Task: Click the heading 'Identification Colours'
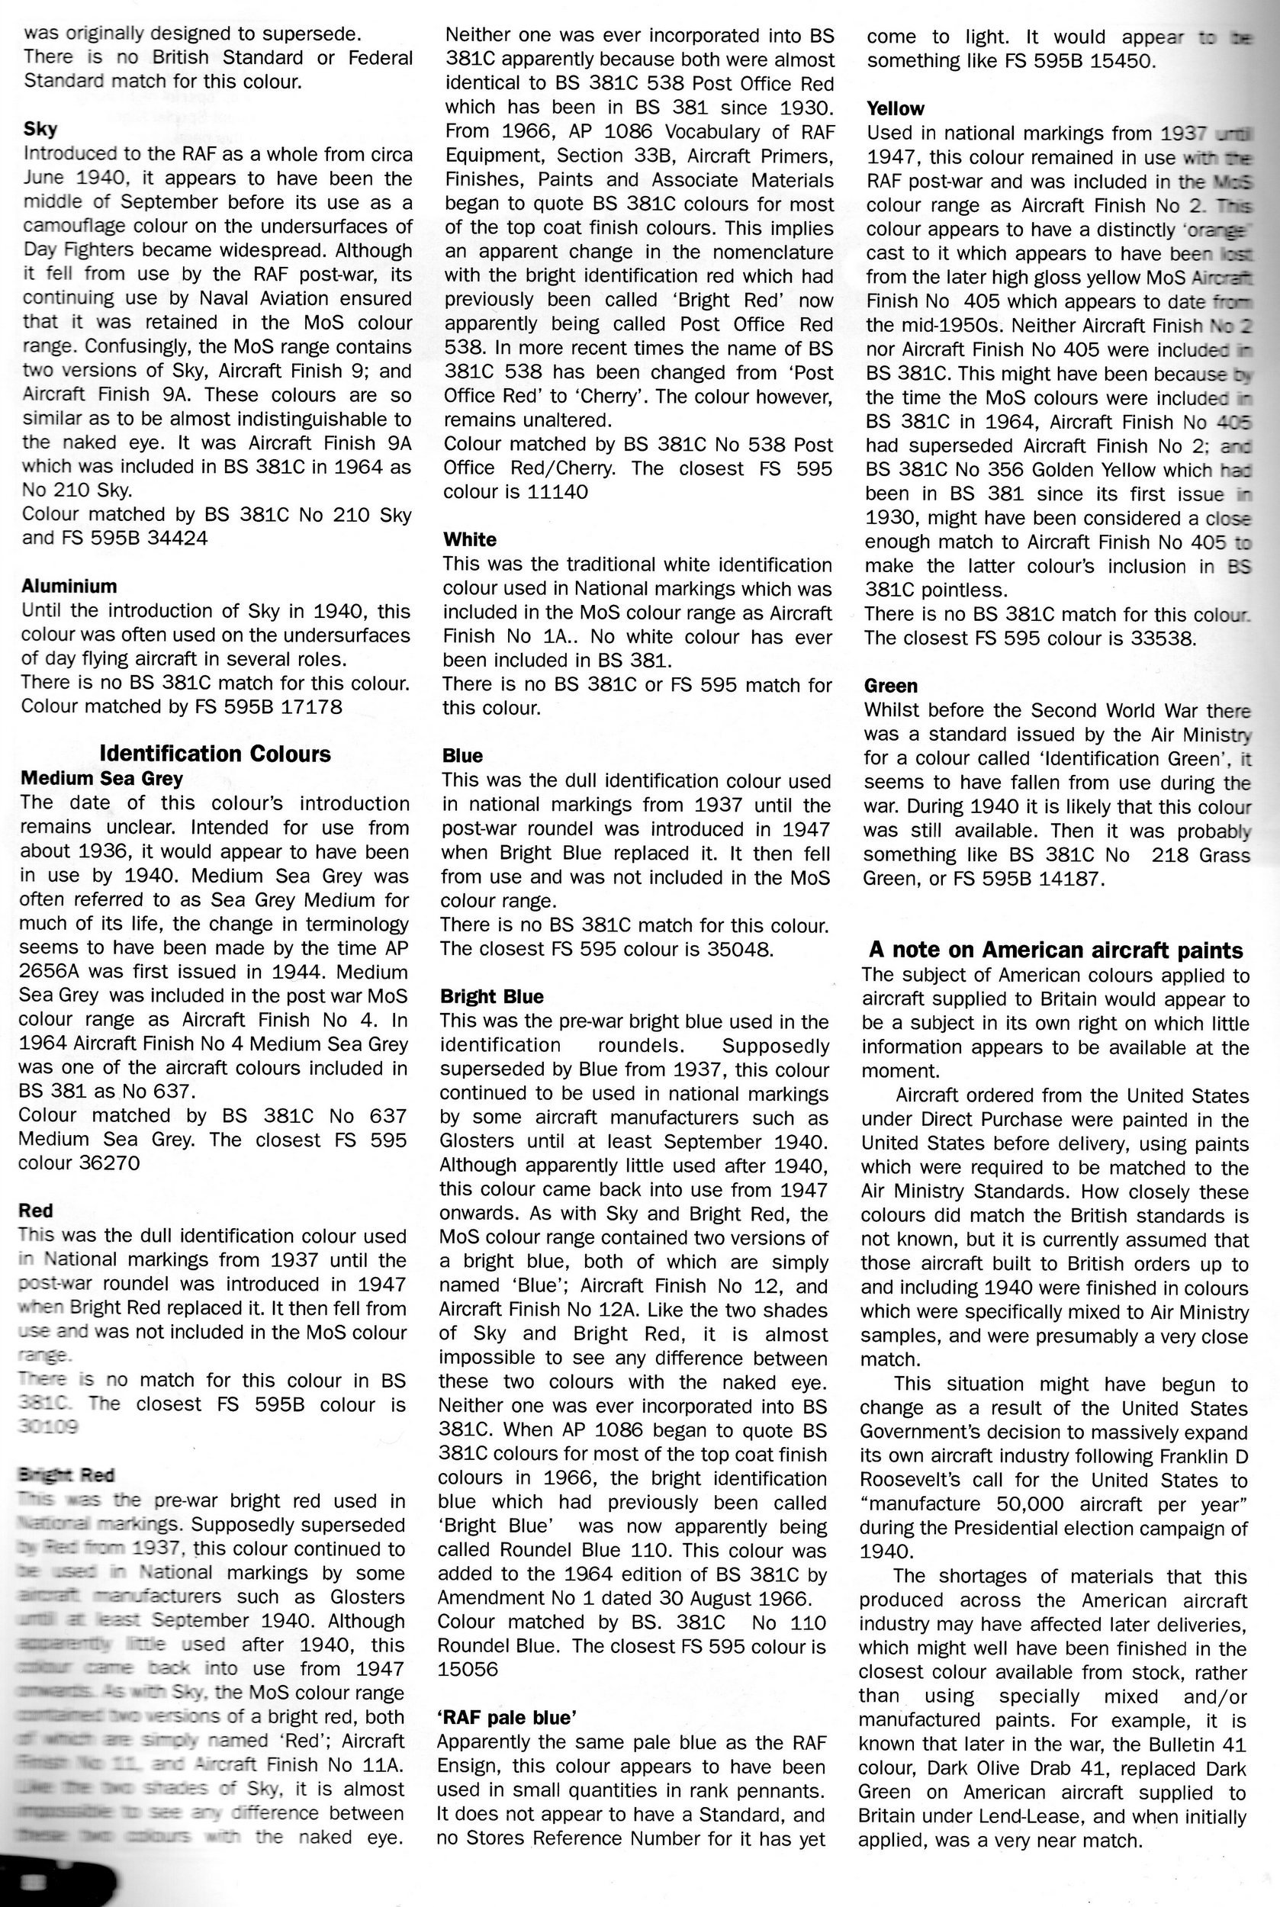[x=214, y=753]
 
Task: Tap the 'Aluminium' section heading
[x=69, y=585]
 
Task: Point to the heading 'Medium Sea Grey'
[x=101, y=778]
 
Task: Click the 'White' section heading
[x=469, y=539]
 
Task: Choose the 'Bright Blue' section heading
[x=491, y=996]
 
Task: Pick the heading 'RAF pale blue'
[x=506, y=1717]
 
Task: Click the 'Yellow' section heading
[x=896, y=108]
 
